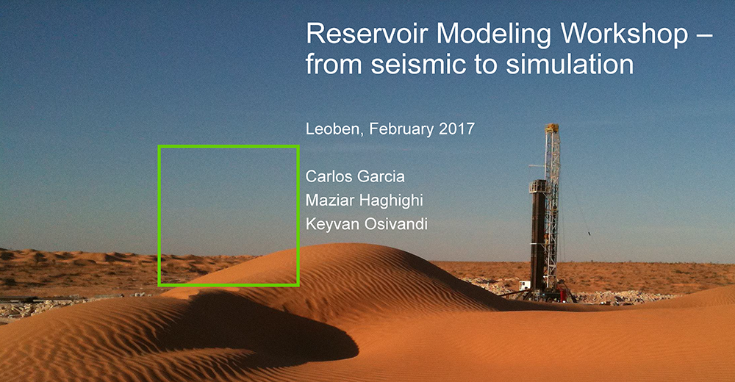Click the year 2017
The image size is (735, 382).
[456, 129]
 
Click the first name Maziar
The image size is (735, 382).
[327, 200]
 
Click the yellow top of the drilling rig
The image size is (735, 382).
[552, 128]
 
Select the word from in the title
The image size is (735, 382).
[334, 64]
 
